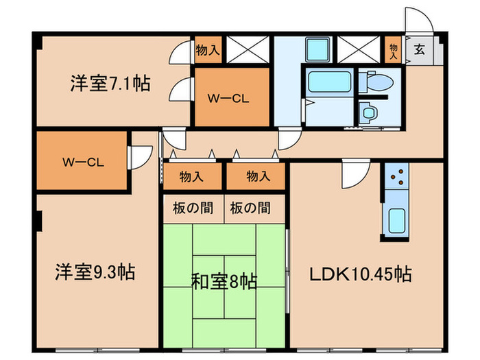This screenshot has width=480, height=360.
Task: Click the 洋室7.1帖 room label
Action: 110,84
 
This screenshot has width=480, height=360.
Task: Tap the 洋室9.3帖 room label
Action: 95,272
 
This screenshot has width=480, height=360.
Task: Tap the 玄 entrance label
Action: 418,49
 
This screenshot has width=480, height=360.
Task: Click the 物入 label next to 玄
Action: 393,49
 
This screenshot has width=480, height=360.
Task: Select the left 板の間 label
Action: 192,207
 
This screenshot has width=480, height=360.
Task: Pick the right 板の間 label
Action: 254,207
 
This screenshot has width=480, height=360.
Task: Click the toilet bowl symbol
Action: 379,83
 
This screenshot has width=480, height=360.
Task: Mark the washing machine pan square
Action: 317,49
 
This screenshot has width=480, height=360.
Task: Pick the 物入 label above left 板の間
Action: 192,176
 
